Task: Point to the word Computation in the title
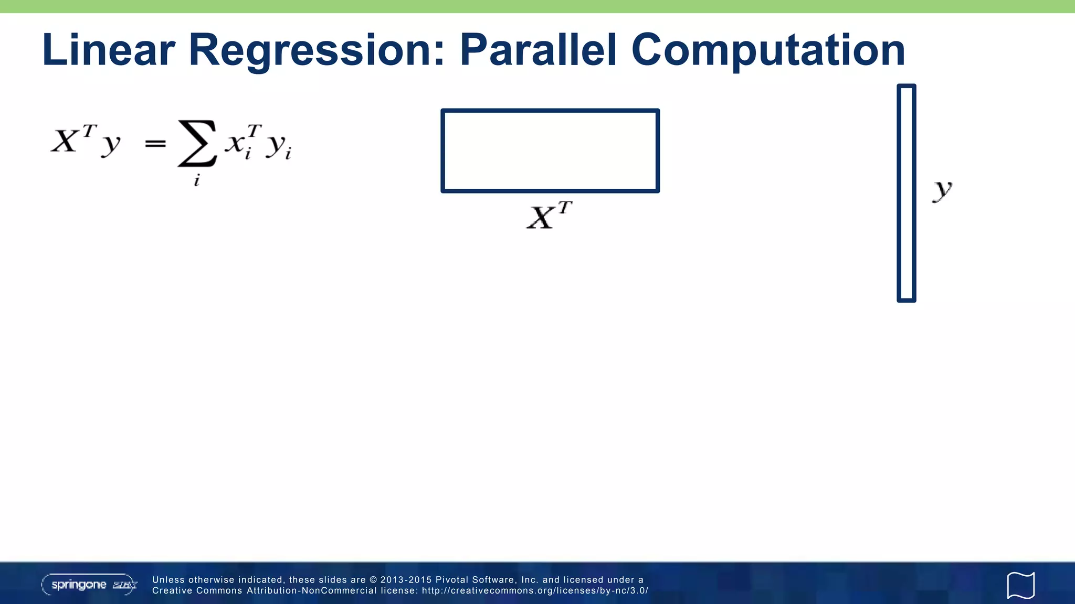click(768, 51)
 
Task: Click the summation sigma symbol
click(197, 143)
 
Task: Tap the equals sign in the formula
click(155, 143)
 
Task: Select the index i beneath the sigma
click(197, 181)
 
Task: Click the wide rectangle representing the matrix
click(550, 151)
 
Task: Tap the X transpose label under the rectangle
click(549, 215)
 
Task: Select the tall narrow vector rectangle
click(906, 193)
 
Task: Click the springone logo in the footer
click(89, 585)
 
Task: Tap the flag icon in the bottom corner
click(1020, 585)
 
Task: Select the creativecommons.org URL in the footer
click(535, 591)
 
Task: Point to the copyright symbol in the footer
click(373, 580)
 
